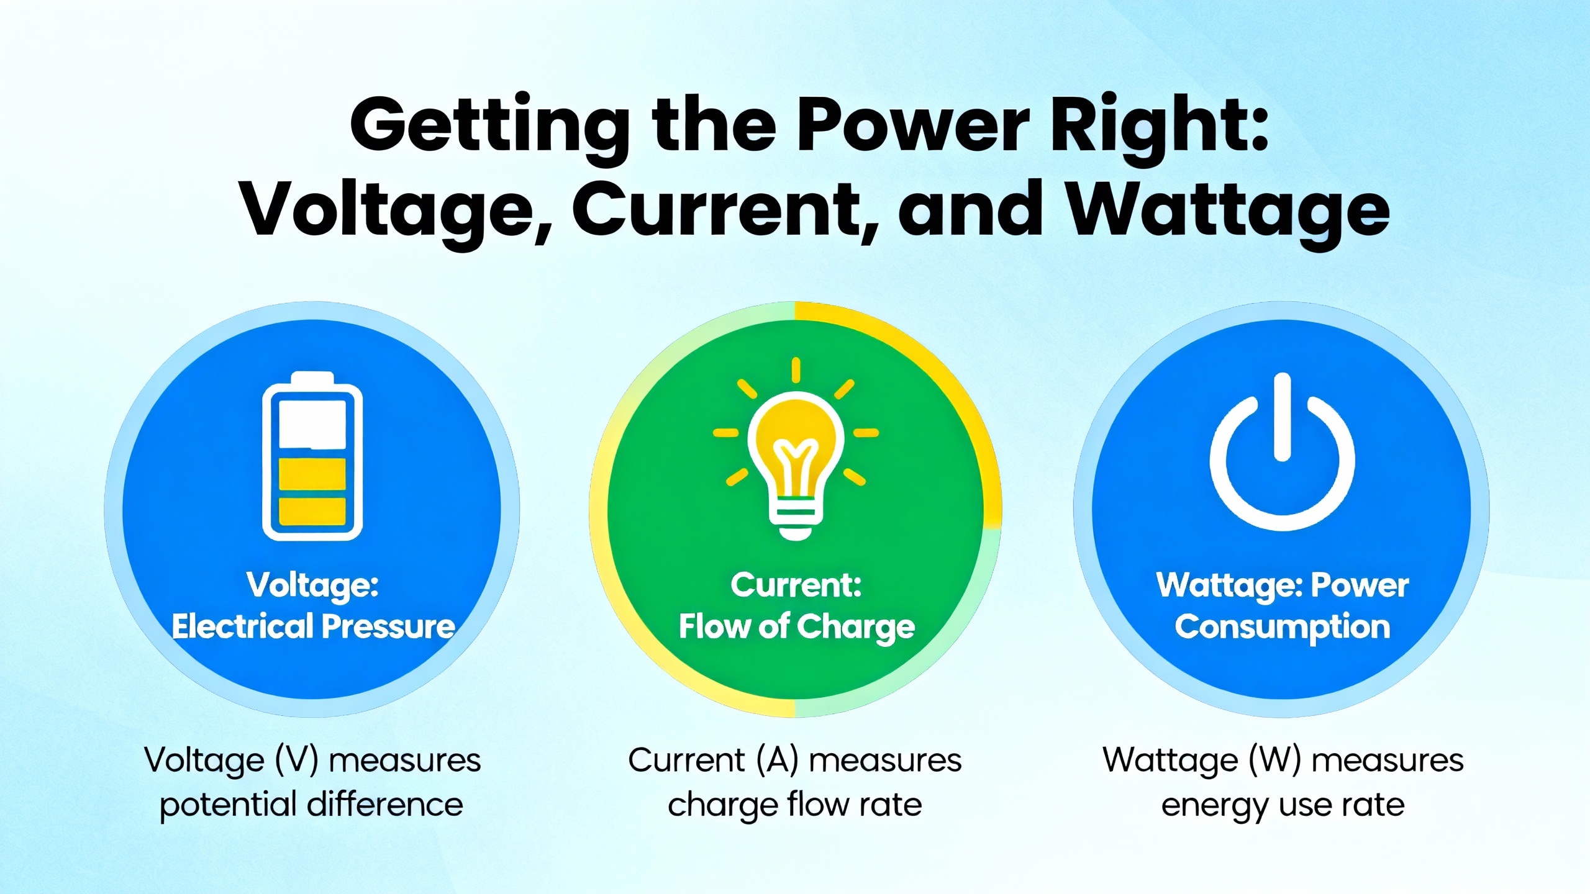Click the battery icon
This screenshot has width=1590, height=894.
pyautogui.click(x=312, y=456)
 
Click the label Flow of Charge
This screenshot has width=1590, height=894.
pyautogui.click(x=797, y=627)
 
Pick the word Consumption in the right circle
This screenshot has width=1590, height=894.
pyautogui.click(x=1283, y=628)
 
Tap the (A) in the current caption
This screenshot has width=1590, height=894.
pyautogui.click(x=777, y=761)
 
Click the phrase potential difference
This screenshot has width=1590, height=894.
pyautogui.click(x=311, y=805)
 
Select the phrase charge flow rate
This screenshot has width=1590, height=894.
pyautogui.click(x=795, y=806)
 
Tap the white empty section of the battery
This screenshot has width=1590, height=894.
pyautogui.click(x=312, y=424)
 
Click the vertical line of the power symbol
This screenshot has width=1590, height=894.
pyautogui.click(x=1283, y=417)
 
